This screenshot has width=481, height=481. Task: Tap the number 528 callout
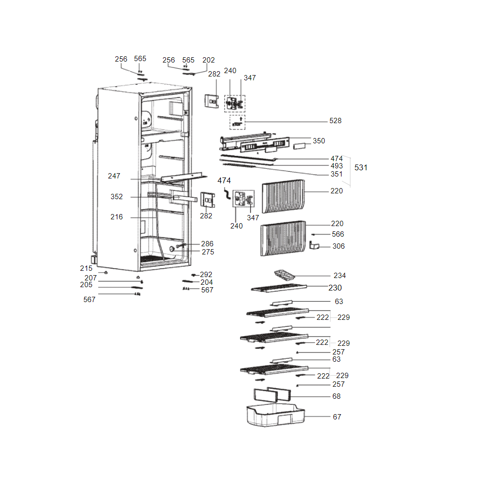pos(335,121)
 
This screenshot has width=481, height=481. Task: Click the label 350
pos(319,141)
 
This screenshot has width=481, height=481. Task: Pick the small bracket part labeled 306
pos(314,246)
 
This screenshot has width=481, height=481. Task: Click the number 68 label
pos(336,396)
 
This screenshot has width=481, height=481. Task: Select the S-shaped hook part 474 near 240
pos(226,193)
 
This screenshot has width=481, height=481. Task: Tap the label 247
pos(114,177)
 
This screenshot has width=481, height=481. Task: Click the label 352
pos(116,197)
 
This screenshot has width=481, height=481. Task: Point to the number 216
pos(116,217)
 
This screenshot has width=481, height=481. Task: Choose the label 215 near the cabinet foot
pos(86,268)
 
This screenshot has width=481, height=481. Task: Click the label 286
pos(207,244)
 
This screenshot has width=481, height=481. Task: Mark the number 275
pos(208,252)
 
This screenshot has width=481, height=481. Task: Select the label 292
pos(206,275)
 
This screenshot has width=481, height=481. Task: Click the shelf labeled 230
pos(279,288)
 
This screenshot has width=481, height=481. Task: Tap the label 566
pos(338,234)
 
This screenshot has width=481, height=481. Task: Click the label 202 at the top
pos(209,60)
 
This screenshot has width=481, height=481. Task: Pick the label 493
pos(337,166)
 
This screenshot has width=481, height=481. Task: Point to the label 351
pos(337,174)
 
